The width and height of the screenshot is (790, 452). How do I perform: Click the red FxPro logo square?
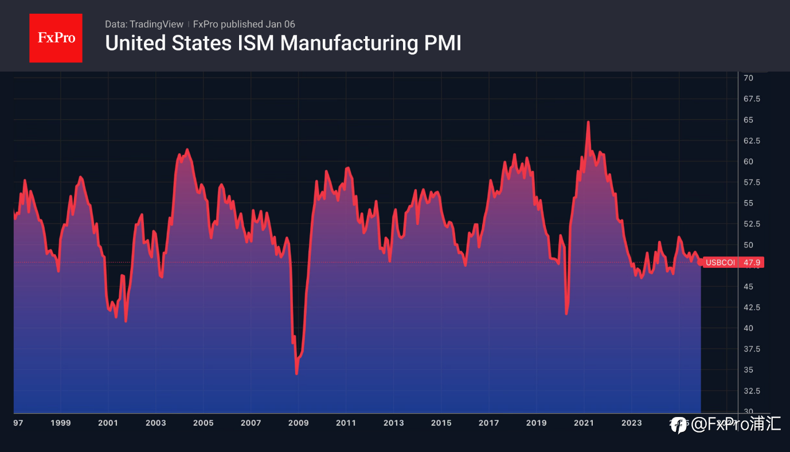pyautogui.click(x=56, y=38)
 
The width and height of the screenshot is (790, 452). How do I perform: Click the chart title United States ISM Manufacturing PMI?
pyautogui.click(x=283, y=44)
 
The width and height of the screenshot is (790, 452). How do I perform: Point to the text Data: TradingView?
pyautogui.click(x=144, y=24)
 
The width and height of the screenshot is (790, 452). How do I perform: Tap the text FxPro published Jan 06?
pyautogui.click(x=244, y=24)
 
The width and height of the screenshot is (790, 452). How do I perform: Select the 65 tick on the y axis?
pyautogui.click(x=748, y=120)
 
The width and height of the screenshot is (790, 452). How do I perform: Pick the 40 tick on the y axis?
pyautogui.click(x=748, y=328)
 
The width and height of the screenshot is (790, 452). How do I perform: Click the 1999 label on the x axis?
pyautogui.click(x=61, y=423)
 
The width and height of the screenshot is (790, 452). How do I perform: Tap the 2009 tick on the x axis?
pyautogui.click(x=298, y=423)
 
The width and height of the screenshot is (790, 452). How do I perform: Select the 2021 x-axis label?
pyautogui.click(x=584, y=423)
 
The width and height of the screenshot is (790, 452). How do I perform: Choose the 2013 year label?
pyautogui.click(x=393, y=423)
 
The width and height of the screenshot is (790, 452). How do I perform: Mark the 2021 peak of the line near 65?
pyautogui.click(x=588, y=122)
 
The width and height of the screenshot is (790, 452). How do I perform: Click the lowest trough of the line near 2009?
pyautogui.click(x=296, y=374)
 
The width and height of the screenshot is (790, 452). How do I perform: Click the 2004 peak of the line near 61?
pyautogui.click(x=187, y=150)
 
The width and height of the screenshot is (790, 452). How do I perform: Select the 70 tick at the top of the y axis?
pyautogui.click(x=748, y=77)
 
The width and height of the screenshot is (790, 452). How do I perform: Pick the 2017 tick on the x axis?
pyautogui.click(x=488, y=423)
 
